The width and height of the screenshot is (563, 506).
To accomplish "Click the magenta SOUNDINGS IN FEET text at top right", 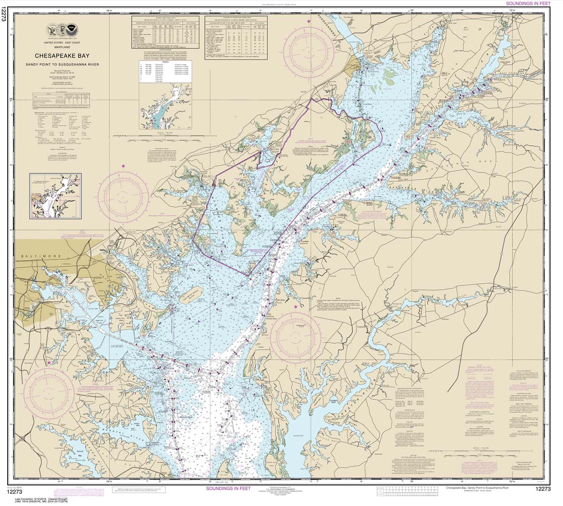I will [x=528, y=3].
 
